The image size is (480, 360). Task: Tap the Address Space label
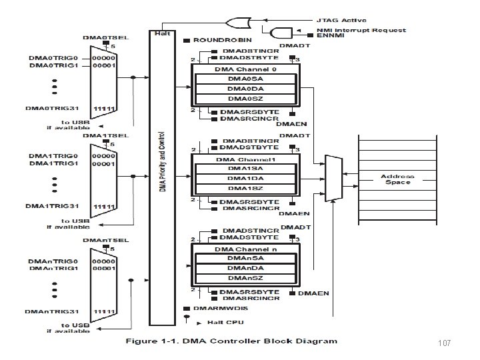click(398, 179)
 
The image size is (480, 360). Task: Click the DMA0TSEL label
click(101, 37)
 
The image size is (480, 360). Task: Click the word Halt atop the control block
click(161, 33)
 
